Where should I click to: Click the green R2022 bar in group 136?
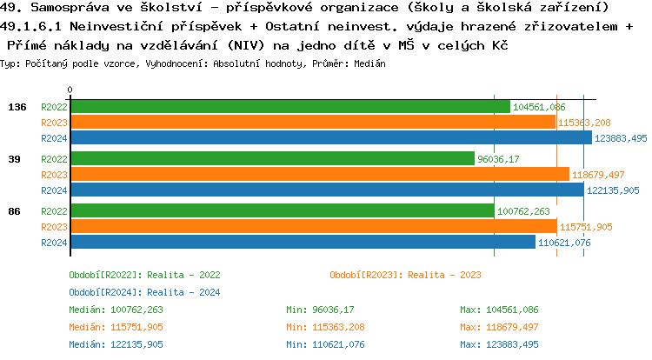coord(289,106)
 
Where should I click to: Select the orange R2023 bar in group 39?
coord(319,174)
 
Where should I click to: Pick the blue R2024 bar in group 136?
coord(331,137)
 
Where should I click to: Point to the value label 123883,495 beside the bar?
coord(622,138)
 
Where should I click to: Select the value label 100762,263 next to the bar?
coord(522,211)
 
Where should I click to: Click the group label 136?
coord(17,107)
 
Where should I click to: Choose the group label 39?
coord(15,159)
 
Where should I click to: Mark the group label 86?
coord(15,211)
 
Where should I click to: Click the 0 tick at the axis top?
coord(70,90)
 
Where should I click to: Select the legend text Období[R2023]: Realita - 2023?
coord(405,275)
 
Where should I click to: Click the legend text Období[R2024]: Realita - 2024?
coord(144,292)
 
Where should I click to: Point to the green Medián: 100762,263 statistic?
coord(116,310)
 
